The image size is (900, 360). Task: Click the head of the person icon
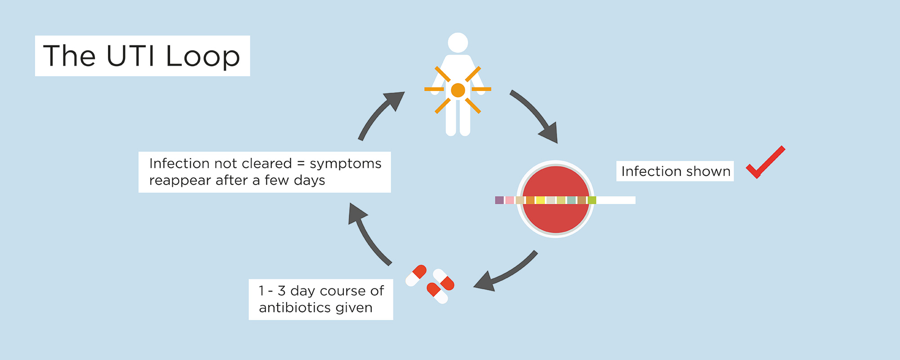click(x=458, y=43)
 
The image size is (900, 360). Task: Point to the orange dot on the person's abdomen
click(x=458, y=90)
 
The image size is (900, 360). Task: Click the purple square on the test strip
click(x=499, y=200)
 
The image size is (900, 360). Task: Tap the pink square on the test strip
click(x=509, y=200)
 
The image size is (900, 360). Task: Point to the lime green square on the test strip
click(x=592, y=200)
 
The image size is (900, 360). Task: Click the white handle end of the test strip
click(x=616, y=200)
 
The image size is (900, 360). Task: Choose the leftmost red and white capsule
click(x=416, y=275)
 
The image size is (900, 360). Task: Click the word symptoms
click(x=346, y=164)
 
